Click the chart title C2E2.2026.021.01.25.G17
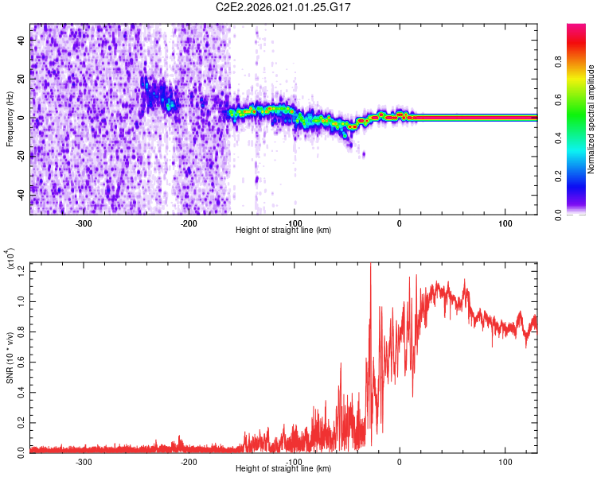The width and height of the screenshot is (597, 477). click(284, 7)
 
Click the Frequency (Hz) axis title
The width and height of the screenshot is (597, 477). click(10, 118)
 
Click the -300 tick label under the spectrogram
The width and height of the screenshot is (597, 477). click(84, 223)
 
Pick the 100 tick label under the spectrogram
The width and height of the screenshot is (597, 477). click(505, 223)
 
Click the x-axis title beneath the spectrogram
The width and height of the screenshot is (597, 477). click(283, 231)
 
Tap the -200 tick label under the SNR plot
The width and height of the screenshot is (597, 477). click(189, 462)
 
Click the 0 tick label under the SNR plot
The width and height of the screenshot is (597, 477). click(400, 462)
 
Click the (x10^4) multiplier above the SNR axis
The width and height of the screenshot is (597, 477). click(11, 258)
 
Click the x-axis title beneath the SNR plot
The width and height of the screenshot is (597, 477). click(283, 469)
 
